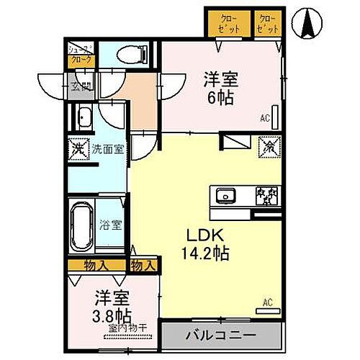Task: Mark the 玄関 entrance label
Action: tap(81, 88)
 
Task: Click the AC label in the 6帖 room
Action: tap(266, 118)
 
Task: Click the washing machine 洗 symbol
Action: tap(78, 149)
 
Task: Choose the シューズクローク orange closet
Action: tap(80, 56)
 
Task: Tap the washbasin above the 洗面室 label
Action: tap(84, 118)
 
